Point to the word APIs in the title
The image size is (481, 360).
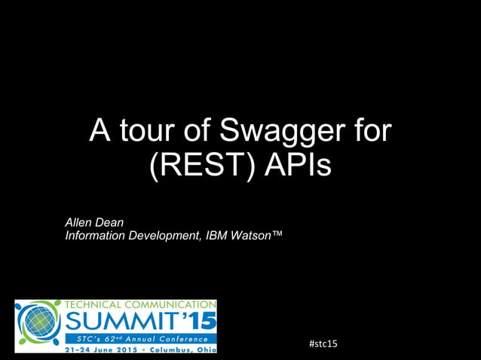tap(297, 166)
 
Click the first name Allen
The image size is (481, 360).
tap(81, 222)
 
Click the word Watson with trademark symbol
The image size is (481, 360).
tap(257, 236)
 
